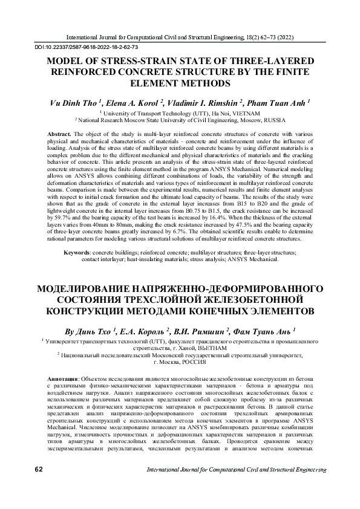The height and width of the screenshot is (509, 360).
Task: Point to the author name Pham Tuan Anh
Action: (278, 103)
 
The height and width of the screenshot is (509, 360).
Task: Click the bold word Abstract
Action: (58, 132)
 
